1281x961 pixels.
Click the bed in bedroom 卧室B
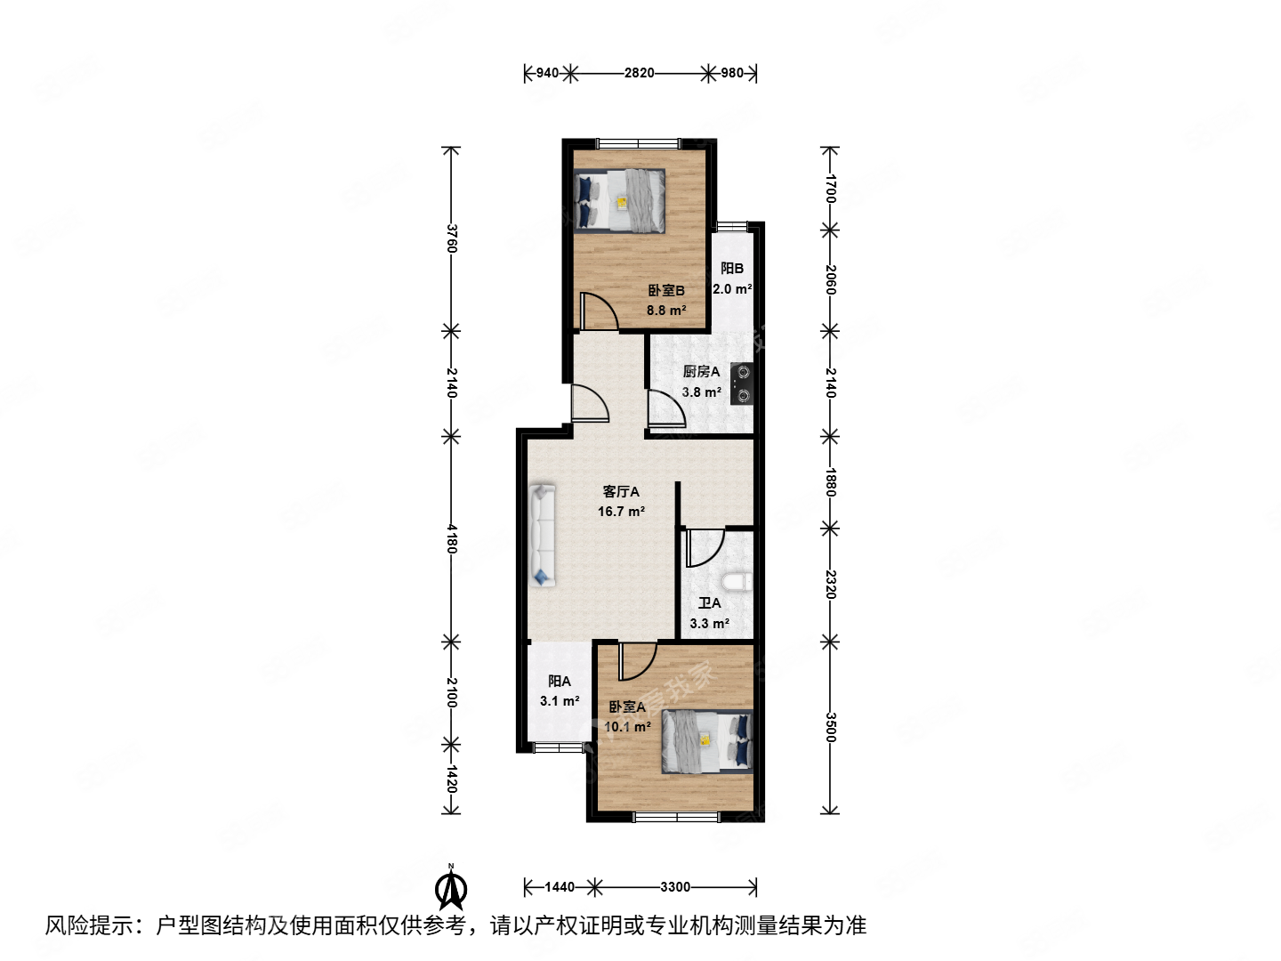pos(620,200)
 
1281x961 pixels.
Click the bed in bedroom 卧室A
pos(707,741)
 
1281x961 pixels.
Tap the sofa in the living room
pos(542,535)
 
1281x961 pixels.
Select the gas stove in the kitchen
pos(741,384)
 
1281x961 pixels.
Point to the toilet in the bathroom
pos(737,582)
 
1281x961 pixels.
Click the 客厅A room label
pos(621,491)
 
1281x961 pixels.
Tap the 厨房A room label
pos(701,372)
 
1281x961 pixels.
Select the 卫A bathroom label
pos(709,603)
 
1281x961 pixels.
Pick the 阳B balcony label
pos(732,269)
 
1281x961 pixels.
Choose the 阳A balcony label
pos(560,681)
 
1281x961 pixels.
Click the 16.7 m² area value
pos(621,512)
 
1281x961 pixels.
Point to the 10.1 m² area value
pos(627,727)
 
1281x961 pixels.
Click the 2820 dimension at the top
pos(639,73)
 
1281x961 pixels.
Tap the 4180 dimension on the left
pos(452,538)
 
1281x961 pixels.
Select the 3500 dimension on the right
pos(830,727)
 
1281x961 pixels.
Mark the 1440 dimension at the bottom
pos(560,887)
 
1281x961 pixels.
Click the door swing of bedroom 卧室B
pos(599,311)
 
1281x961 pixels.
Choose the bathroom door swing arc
pos(705,547)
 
